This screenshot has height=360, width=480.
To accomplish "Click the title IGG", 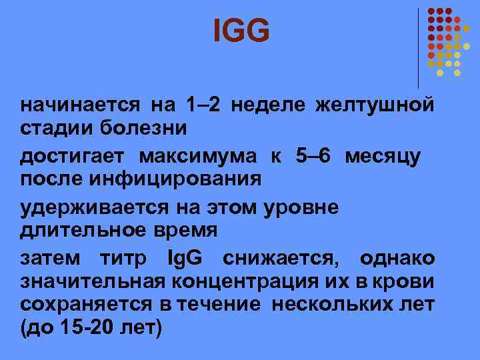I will (x=242, y=31).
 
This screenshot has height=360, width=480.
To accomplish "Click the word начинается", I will (x=79, y=105).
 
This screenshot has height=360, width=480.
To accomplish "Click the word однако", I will (x=397, y=259).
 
